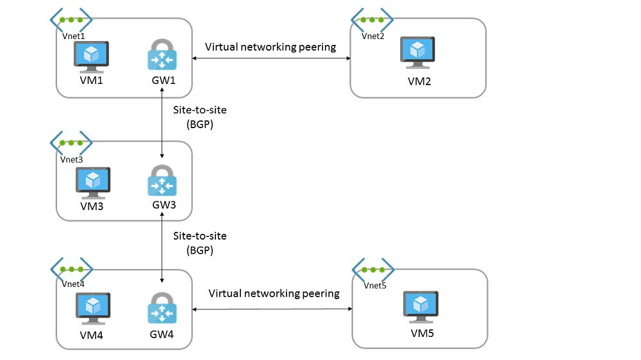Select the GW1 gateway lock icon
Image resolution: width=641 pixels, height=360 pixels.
point(161,56)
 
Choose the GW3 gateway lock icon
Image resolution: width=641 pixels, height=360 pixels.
point(161,182)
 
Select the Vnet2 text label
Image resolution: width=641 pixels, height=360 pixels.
point(373,36)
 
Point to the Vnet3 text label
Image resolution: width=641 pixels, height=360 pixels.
point(72,159)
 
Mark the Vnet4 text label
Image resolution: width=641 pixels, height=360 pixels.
point(72,284)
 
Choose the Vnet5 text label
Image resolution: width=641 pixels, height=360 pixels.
point(375,286)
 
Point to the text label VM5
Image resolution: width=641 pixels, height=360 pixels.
point(422,334)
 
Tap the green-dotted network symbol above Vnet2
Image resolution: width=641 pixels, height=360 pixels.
point(372,20)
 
